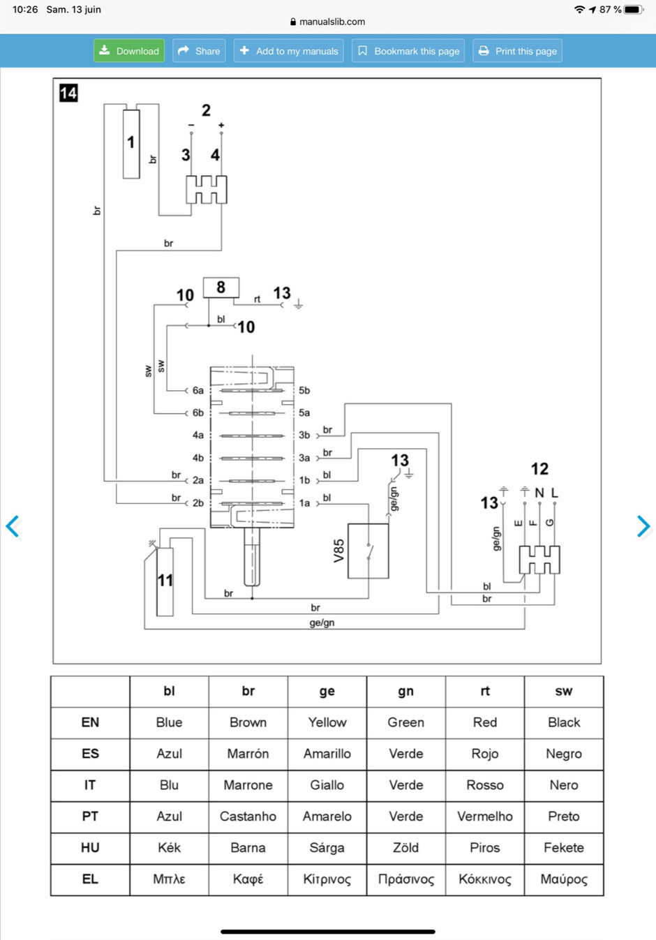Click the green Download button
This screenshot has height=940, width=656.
click(129, 51)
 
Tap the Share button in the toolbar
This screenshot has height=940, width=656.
click(199, 51)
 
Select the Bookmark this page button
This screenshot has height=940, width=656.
click(408, 51)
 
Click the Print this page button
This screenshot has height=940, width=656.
click(517, 51)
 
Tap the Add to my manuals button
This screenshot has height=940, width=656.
click(288, 51)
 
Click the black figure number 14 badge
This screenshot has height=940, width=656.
click(68, 93)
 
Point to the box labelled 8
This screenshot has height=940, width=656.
click(221, 288)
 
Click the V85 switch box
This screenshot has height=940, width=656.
click(368, 551)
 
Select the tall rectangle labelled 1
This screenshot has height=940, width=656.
click(131, 144)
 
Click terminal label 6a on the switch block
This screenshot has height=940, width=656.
click(198, 391)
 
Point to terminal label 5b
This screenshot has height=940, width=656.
click(304, 391)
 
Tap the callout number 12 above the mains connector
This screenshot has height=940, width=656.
click(539, 469)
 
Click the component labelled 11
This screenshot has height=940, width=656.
click(165, 581)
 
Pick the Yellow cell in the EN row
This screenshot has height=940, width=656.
click(327, 722)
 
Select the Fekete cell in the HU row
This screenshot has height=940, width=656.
click(564, 848)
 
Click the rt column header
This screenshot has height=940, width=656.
click(485, 691)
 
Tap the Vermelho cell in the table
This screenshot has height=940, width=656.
click(485, 816)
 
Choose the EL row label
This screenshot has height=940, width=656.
click(90, 879)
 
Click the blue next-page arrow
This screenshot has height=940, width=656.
click(643, 526)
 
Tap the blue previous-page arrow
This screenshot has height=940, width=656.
click(13, 526)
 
